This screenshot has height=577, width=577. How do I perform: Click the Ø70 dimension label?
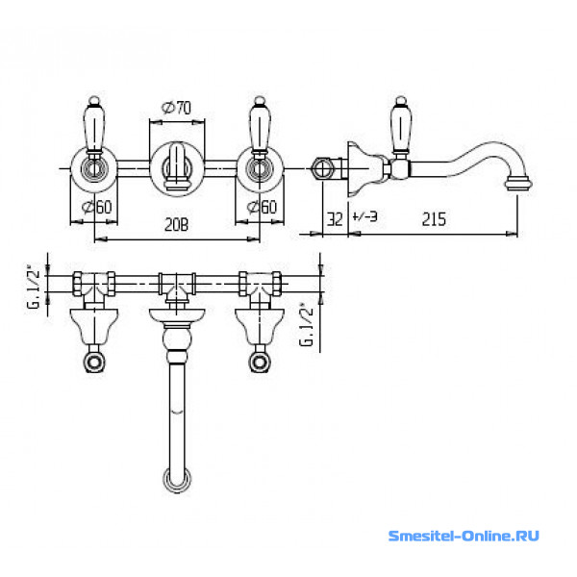(176, 108)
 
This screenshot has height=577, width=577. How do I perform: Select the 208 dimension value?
(176, 225)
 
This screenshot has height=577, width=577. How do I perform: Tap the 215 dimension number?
(434, 219)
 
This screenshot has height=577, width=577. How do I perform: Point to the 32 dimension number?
(335, 219)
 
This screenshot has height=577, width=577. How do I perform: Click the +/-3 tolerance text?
(364, 216)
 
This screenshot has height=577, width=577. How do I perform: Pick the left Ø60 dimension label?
(97, 207)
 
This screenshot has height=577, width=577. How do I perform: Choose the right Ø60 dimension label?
(262, 207)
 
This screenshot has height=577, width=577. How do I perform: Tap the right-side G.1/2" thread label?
(307, 325)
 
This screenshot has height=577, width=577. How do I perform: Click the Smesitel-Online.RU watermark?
(464, 536)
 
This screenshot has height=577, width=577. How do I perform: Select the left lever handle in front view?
(94, 124)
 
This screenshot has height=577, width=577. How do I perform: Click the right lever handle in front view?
(260, 124)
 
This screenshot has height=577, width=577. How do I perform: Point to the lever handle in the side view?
(401, 125)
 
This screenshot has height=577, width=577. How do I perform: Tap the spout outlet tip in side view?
(519, 184)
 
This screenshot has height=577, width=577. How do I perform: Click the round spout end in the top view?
(177, 479)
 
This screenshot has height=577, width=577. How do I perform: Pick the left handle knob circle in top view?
(94, 363)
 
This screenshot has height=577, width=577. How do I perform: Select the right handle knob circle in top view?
(260, 363)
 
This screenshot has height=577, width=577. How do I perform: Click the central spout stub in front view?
(177, 166)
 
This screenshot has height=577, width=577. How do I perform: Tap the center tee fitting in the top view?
(177, 286)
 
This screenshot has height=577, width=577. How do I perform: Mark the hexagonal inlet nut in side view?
(322, 169)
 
